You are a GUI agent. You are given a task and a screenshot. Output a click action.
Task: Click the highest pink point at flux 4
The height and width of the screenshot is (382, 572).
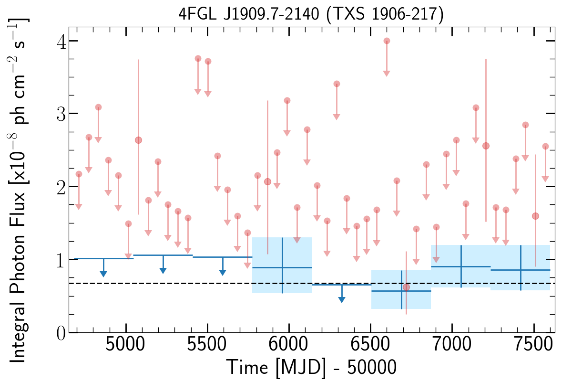tap(387, 41)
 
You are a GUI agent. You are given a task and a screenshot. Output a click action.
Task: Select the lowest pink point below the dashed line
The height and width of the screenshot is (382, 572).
tap(406, 287)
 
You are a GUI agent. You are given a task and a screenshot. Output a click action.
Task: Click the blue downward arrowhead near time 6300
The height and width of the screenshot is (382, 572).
tap(342, 299)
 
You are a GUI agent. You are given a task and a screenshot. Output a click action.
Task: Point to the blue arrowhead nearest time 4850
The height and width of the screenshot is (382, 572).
tap(103, 273)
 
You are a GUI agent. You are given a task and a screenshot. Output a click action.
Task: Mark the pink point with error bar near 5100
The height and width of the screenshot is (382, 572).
tap(138, 140)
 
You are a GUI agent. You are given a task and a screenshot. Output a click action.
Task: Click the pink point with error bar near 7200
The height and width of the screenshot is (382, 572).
tap(486, 146)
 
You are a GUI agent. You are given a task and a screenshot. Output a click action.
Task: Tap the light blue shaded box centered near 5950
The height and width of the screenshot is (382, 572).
tap(282, 265)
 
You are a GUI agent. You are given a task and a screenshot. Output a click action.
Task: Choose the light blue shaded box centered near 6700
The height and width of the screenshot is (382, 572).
tap(401, 289)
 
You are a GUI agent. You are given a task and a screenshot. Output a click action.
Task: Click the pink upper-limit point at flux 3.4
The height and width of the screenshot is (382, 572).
tap(337, 84)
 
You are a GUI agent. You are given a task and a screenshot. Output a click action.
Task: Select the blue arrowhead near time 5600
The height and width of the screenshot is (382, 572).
tap(223, 272)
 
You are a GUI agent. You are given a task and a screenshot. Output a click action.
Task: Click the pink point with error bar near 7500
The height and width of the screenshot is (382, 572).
tap(535, 216)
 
